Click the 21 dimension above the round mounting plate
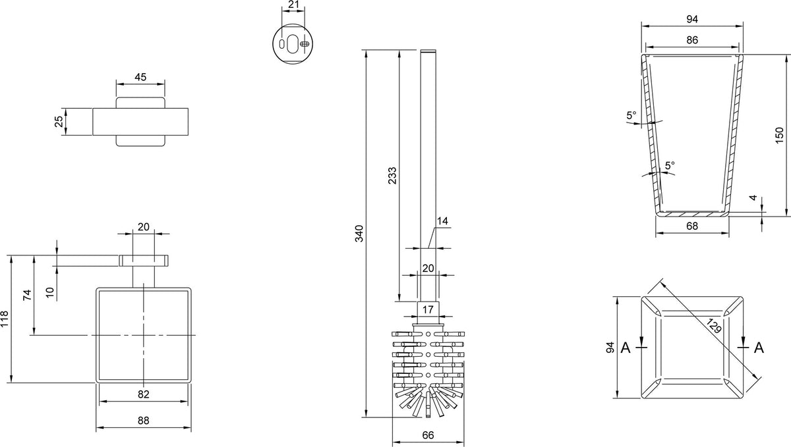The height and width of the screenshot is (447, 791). tap(293, 5)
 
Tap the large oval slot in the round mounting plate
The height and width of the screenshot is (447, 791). tap(293, 43)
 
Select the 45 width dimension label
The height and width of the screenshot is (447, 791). tap(140, 77)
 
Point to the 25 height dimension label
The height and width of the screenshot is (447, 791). tap(59, 121)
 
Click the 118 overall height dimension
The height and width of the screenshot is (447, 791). tap(4, 319)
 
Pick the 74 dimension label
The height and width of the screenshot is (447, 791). tap(27, 295)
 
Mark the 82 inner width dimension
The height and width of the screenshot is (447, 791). tap(144, 394)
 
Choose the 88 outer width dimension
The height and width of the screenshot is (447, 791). tap(144, 421)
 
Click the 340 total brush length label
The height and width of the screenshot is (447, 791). tap(359, 234)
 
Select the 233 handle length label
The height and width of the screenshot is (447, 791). tap(392, 175)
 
